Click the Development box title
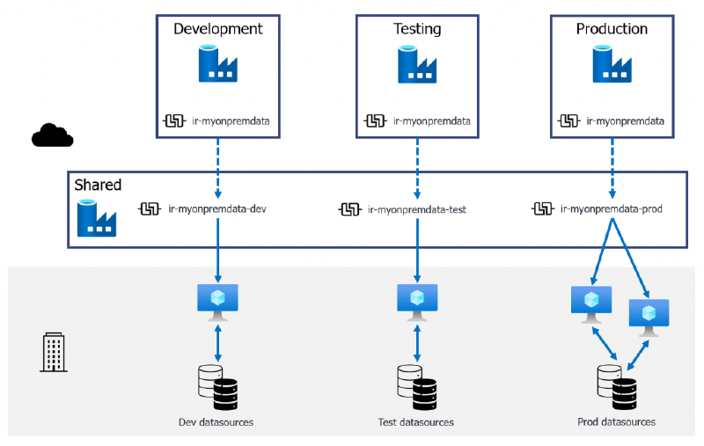click(217, 28)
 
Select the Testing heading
click(416, 29)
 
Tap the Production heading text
click(612, 29)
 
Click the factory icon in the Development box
click(217, 64)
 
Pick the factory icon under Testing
click(416, 64)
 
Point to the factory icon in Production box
click(612, 64)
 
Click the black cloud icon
click(53, 135)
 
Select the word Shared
click(98, 186)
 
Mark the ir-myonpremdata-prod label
click(610, 209)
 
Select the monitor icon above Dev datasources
click(217, 301)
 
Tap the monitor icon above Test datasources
click(416, 301)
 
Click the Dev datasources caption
click(216, 422)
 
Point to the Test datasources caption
click(415, 422)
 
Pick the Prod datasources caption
click(616, 422)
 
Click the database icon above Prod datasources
click(616, 384)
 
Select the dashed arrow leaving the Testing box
click(416, 167)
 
